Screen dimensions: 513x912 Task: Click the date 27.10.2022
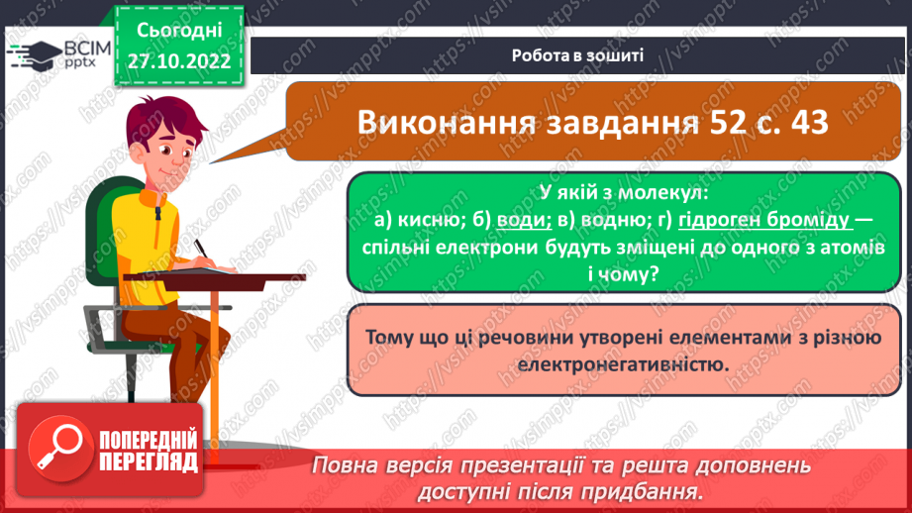click(x=178, y=60)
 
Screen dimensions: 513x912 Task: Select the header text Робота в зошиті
click(x=578, y=55)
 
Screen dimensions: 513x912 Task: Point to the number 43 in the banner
click(x=812, y=124)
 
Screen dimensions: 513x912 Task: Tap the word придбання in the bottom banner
click(x=640, y=490)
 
